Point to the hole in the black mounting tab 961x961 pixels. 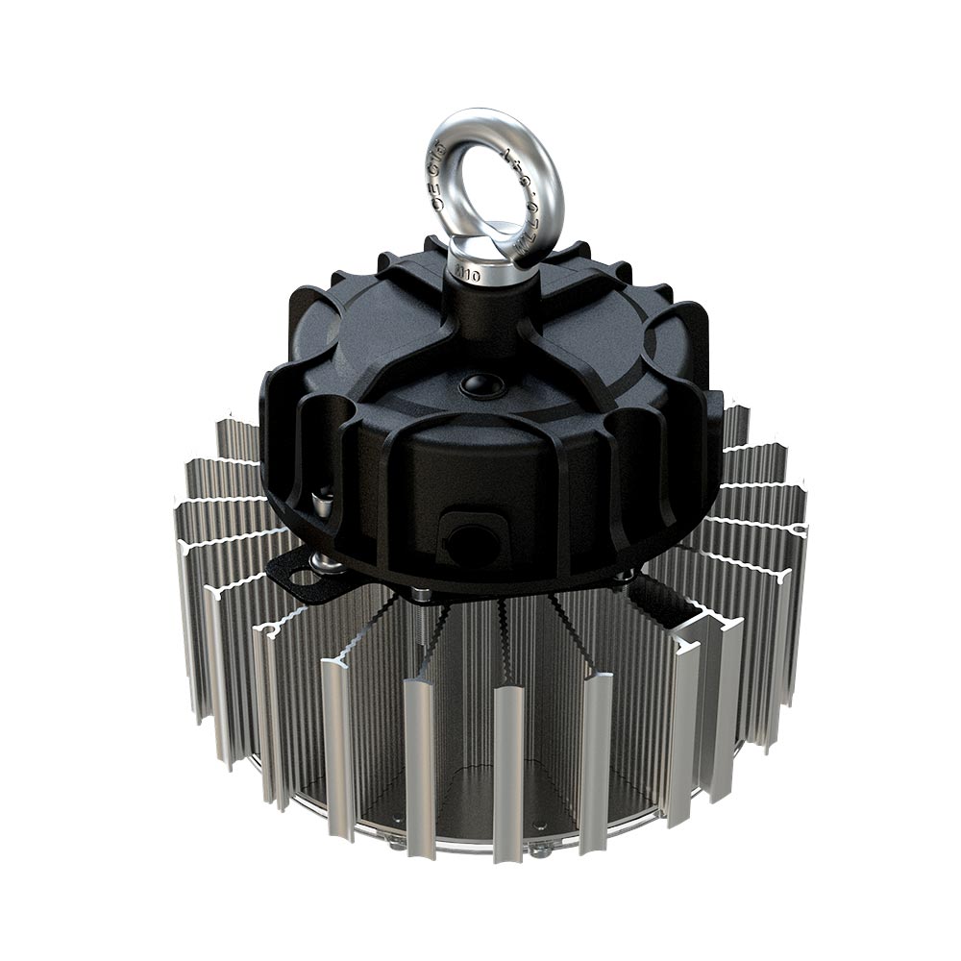point(303,579)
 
